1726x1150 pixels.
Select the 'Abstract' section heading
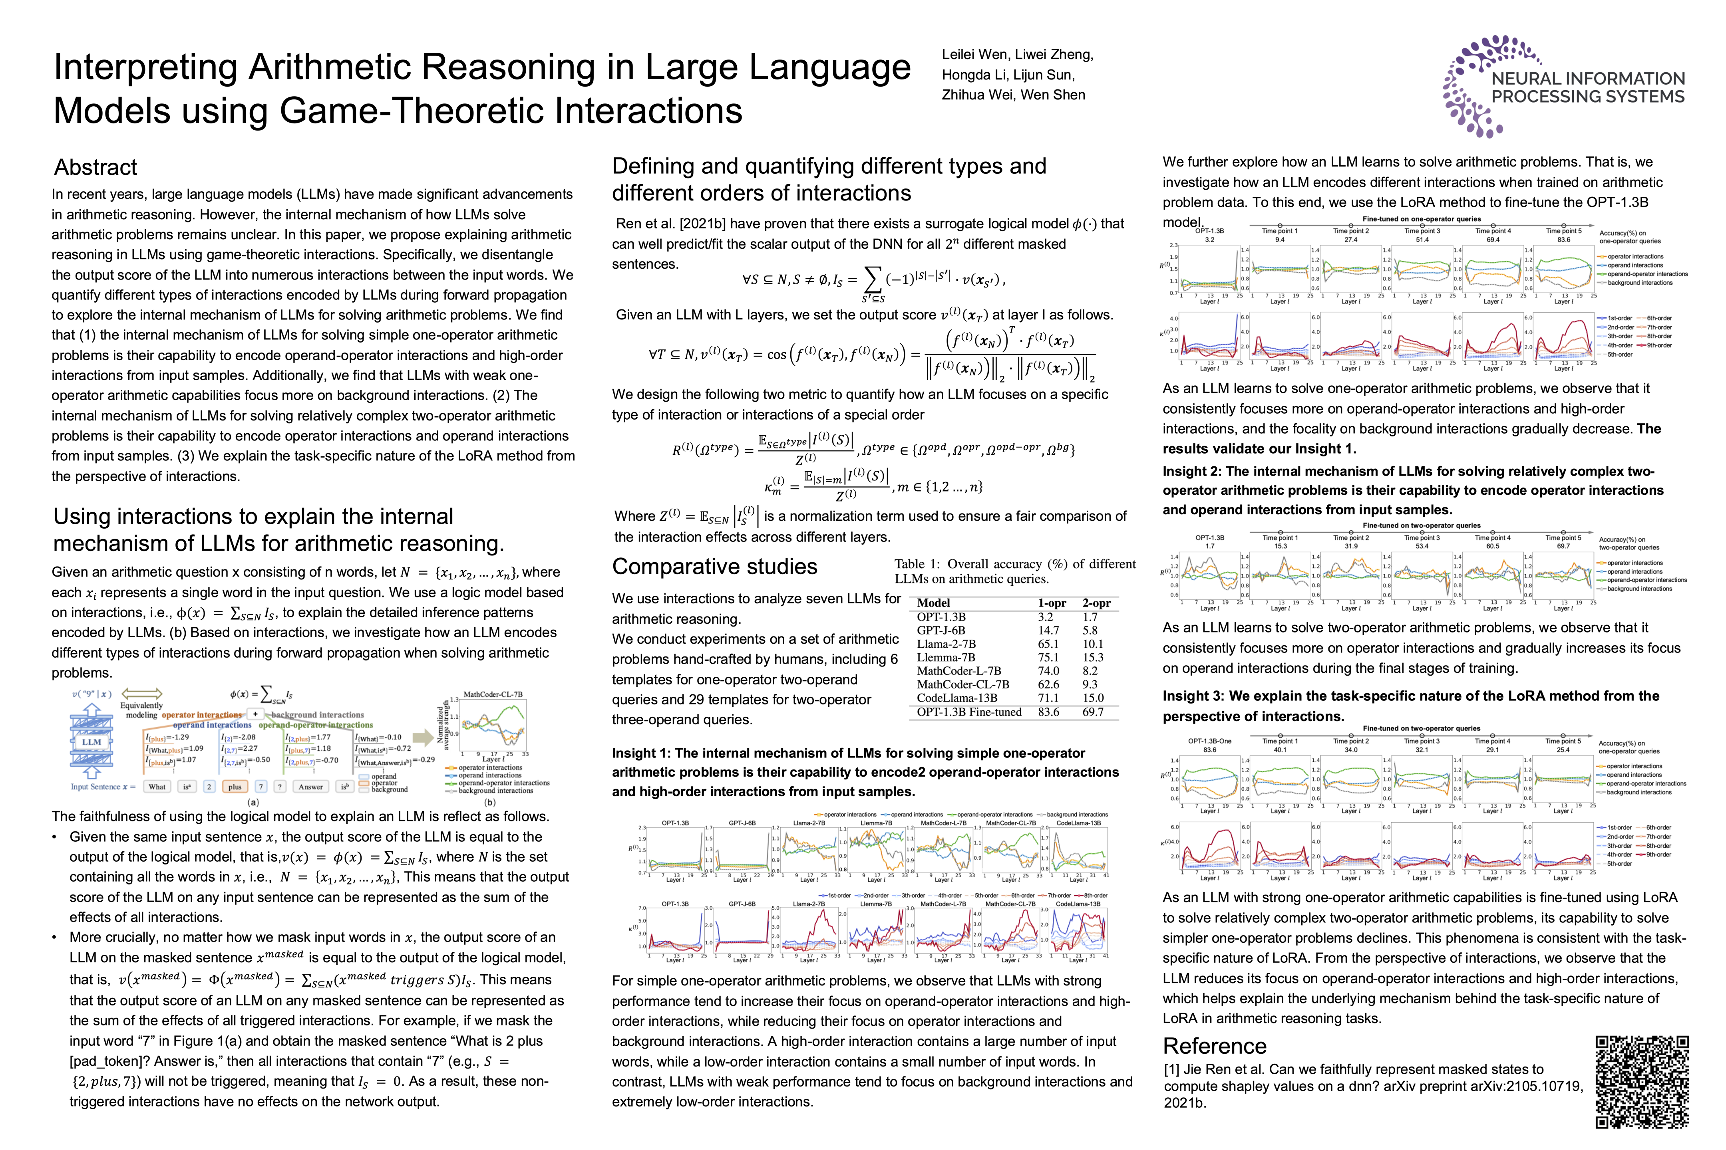tap(95, 167)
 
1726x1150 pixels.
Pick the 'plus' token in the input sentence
tap(235, 787)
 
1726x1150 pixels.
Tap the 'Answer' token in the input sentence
tap(310, 787)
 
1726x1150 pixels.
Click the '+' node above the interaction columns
tap(255, 714)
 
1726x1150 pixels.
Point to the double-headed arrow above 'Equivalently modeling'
tap(141, 694)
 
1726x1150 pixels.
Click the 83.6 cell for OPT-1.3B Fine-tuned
tap(1048, 712)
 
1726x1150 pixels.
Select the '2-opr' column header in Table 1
tap(1096, 603)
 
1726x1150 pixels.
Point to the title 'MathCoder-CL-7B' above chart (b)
tap(493, 694)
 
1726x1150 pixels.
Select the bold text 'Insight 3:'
tap(1194, 696)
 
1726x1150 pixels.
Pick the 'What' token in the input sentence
tap(157, 787)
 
